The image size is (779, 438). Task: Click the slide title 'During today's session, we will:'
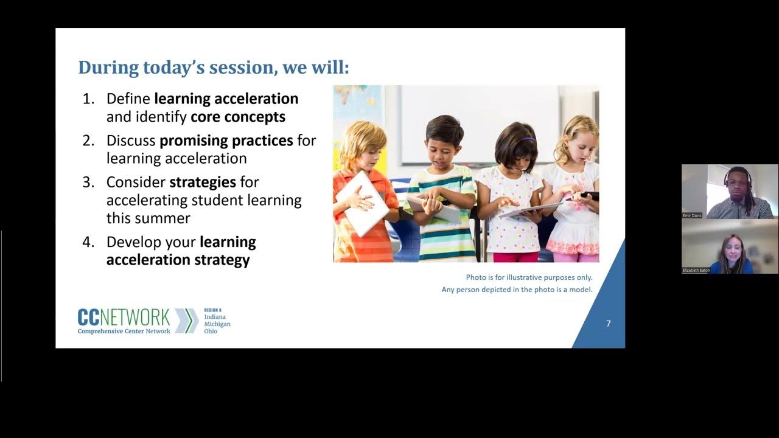point(213,67)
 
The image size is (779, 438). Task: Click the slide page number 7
point(608,324)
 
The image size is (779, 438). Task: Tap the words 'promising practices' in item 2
point(226,141)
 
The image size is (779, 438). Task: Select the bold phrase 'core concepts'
point(238,116)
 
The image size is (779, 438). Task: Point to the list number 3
point(88,182)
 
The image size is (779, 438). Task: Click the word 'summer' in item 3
point(165,218)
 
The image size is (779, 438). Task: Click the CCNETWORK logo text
point(124,317)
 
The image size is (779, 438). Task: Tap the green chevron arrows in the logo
point(187,321)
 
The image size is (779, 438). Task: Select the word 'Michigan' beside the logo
point(217,324)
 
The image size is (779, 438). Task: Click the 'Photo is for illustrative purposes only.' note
point(529,277)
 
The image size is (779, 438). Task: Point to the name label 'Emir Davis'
point(692,215)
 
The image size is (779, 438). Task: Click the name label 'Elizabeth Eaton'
point(696,270)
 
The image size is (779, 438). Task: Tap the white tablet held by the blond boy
point(363,203)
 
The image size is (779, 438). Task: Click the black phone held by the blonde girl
point(589,195)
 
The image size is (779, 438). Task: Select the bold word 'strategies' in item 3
point(203,182)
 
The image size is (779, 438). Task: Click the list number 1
point(88,99)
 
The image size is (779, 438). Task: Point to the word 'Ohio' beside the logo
point(211,332)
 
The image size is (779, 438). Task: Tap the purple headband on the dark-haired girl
point(527,139)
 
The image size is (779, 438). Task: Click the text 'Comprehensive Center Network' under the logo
point(124,331)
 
